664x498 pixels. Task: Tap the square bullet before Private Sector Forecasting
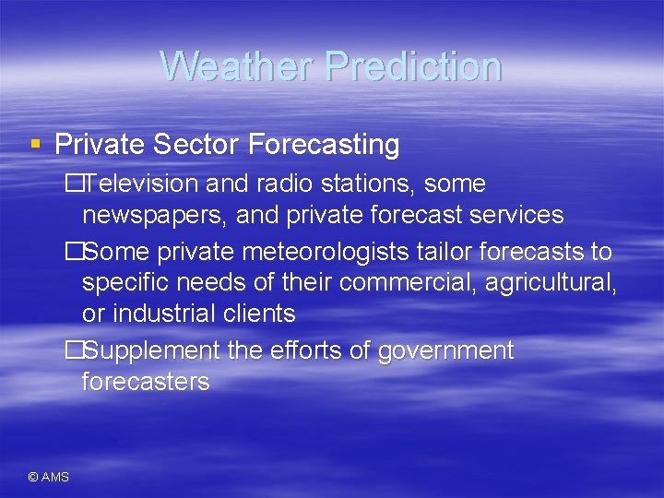[35, 144]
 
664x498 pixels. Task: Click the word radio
[279, 184]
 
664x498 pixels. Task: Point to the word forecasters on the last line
[146, 382]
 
